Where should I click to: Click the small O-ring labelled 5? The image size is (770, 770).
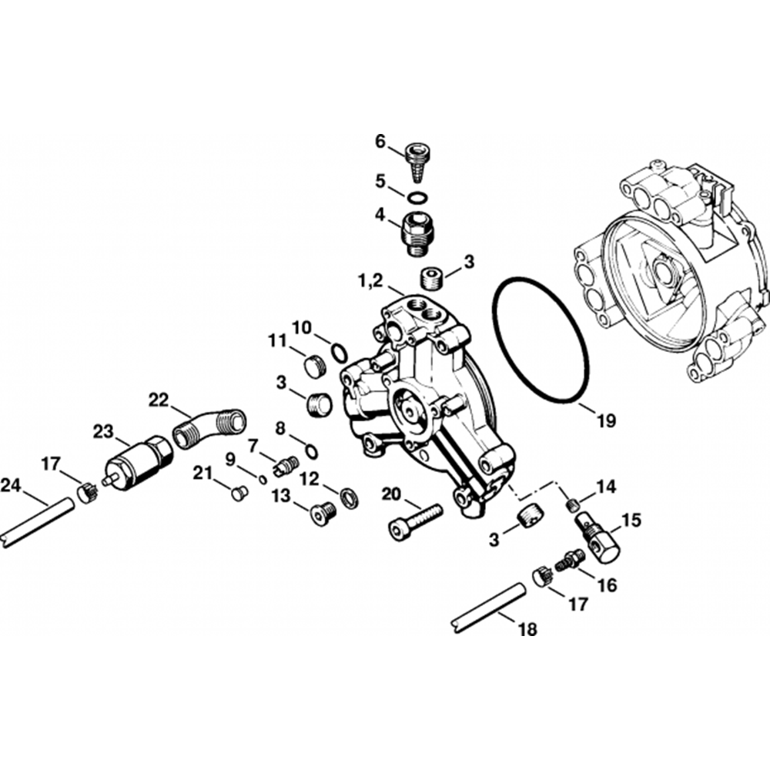coord(417,199)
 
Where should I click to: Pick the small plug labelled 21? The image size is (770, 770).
coord(239,492)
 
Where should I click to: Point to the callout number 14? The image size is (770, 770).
coord(606,487)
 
